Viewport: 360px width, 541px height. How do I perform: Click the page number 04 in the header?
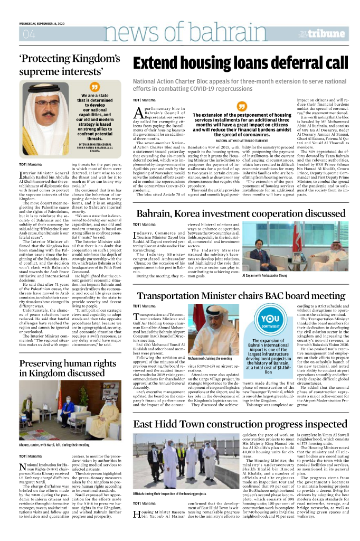pyautogui.click(x=29, y=35)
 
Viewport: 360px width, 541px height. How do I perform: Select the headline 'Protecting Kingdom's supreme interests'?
pyautogui.click(x=70, y=64)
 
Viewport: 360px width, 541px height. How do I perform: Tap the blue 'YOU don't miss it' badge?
pyautogui.click(x=270, y=321)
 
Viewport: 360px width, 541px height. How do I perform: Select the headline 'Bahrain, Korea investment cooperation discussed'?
pyautogui.click(x=240, y=214)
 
